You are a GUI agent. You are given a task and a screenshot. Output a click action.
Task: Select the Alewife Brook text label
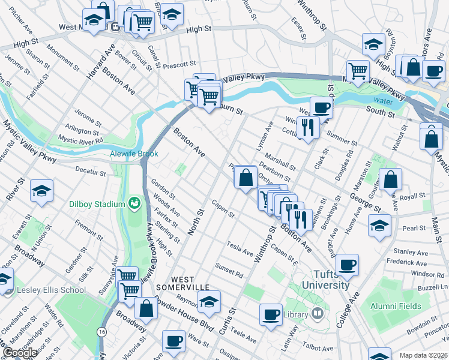tap(133, 154)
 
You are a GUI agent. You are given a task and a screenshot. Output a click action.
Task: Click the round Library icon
tap(317, 314)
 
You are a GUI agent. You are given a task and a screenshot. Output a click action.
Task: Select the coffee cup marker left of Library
tap(271, 314)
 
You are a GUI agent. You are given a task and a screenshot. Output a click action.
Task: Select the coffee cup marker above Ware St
tap(173, 341)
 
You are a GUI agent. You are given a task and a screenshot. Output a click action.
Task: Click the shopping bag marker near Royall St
tap(390, 179)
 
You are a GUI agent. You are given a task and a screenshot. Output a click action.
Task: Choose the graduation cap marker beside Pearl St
tap(379, 226)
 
